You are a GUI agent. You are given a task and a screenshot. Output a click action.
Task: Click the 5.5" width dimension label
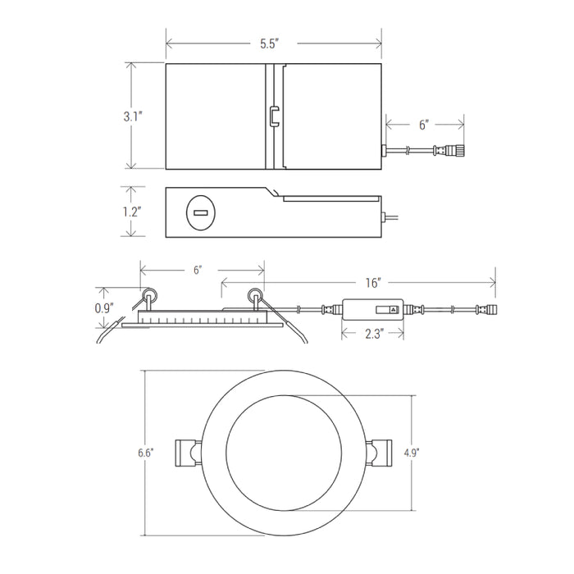(x=270, y=44)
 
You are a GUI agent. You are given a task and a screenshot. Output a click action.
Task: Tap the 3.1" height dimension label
(x=133, y=116)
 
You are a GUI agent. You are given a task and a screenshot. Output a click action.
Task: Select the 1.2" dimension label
(x=132, y=212)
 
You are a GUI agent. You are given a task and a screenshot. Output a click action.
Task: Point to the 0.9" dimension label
(x=104, y=308)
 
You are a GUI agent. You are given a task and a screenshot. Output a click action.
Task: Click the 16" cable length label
(x=373, y=283)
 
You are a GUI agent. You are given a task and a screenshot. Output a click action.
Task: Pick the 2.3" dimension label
(x=375, y=334)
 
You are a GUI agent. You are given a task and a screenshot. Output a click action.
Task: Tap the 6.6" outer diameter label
(x=146, y=453)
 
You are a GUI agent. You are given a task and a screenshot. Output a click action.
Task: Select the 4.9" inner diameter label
(x=412, y=453)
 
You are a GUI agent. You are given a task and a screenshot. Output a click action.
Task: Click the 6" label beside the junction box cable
(x=424, y=125)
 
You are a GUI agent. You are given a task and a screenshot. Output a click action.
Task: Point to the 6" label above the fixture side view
(x=198, y=270)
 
